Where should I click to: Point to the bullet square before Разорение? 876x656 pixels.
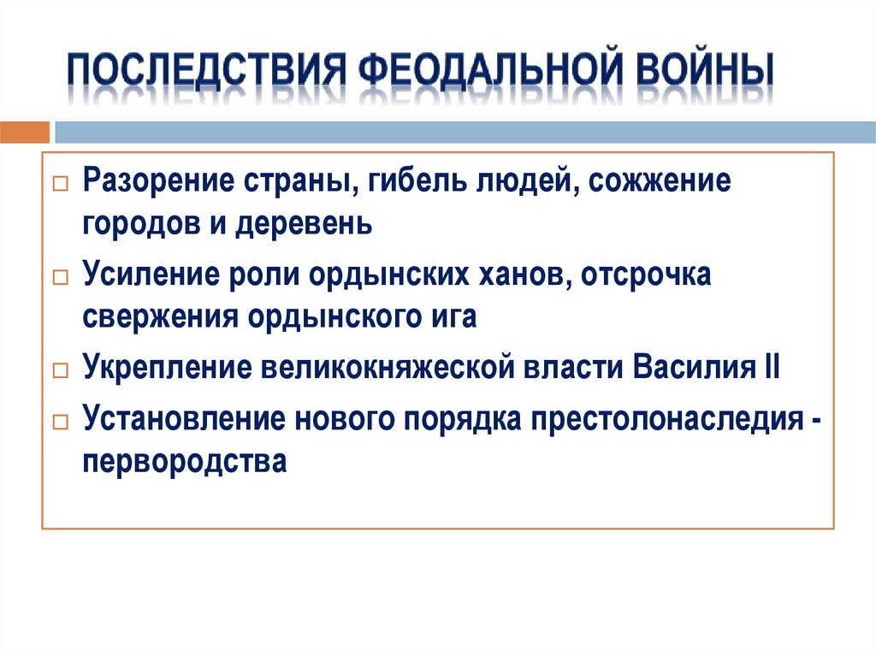click(59, 186)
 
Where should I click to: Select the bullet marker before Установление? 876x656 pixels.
click(59, 422)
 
